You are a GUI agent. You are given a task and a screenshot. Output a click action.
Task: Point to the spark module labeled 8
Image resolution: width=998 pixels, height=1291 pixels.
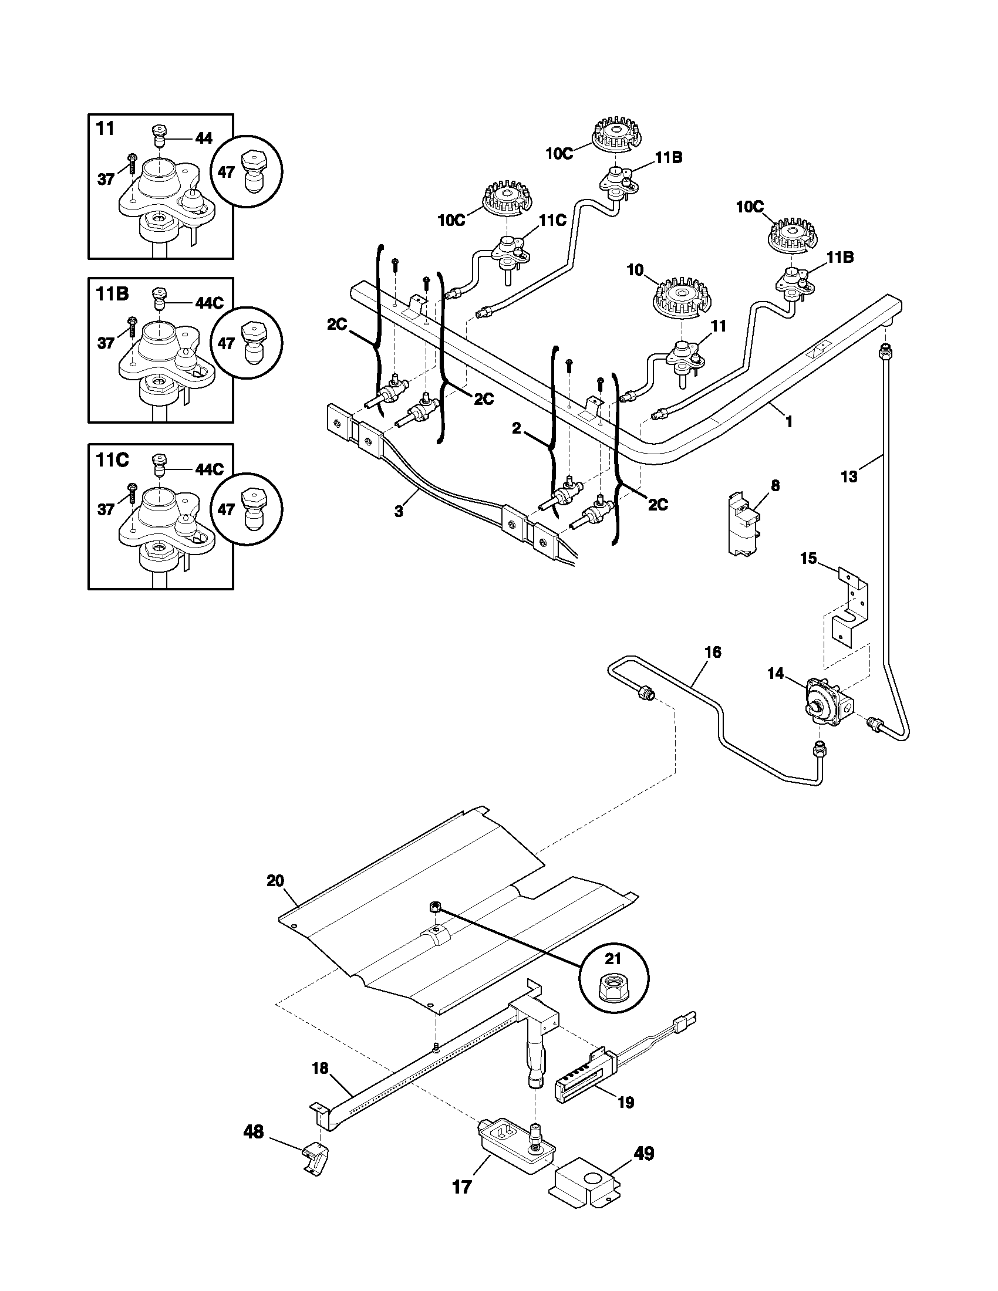[744, 524]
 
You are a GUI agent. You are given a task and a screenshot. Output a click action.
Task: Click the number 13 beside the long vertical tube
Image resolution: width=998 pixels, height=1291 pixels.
[848, 476]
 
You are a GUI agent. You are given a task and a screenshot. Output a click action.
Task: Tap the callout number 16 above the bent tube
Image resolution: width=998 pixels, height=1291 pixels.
[713, 652]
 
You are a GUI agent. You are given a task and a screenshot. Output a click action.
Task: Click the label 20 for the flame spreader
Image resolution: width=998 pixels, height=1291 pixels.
[275, 897]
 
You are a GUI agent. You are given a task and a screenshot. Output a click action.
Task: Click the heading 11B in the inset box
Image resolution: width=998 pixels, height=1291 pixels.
[112, 294]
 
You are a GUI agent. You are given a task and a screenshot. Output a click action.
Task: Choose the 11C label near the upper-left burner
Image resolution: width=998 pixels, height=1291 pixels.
[552, 221]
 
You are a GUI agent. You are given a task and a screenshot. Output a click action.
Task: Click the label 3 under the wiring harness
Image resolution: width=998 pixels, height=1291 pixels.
[399, 511]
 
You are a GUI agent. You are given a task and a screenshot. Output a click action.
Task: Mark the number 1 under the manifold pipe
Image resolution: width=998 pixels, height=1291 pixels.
[788, 421]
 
